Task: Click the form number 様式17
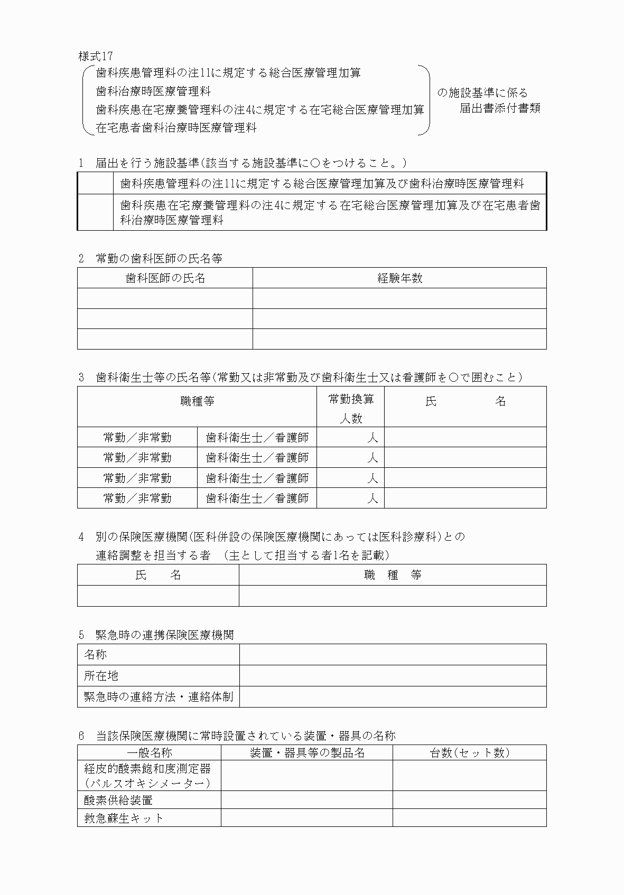pyautogui.click(x=95, y=56)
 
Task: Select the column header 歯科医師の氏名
pyautogui.click(x=165, y=278)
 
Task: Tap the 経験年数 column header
pyautogui.click(x=399, y=278)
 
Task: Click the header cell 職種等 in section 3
pyautogui.click(x=197, y=401)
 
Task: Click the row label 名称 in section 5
pyautogui.click(x=96, y=654)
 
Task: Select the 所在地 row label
pyautogui.click(x=101, y=675)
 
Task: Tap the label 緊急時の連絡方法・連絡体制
pyautogui.click(x=159, y=696)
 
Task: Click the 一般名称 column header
pyautogui.click(x=149, y=752)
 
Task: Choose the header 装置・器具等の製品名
pyautogui.click(x=306, y=752)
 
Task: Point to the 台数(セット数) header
pyautogui.click(x=469, y=752)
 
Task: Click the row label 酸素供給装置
pyautogui.click(x=118, y=800)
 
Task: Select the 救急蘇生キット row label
pyautogui.click(x=124, y=818)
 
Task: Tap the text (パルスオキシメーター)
pyautogui.click(x=147, y=783)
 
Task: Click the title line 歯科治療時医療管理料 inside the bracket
pyautogui.click(x=153, y=91)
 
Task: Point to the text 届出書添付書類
pyautogui.click(x=499, y=108)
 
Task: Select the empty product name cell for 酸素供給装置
pyautogui.click(x=306, y=800)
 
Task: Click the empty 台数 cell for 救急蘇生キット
pyautogui.click(x=469, y=818)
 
